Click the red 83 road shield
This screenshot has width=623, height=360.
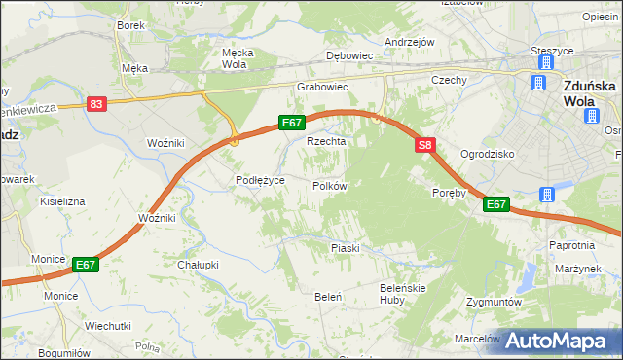(x=95, y=104)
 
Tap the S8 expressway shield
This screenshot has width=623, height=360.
(x=424, y=146)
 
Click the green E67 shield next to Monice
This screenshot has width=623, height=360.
(x=85, y=264)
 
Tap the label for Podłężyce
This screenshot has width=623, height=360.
(x=260, y=180)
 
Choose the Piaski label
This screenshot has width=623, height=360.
(x=345, y=248)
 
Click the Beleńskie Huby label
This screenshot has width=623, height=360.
(x=404, y=294)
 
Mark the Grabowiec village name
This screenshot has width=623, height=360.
(x=322, y=87)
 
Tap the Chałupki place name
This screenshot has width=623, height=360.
(x=197, y=264)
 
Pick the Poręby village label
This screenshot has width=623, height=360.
(x=450, y=193)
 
